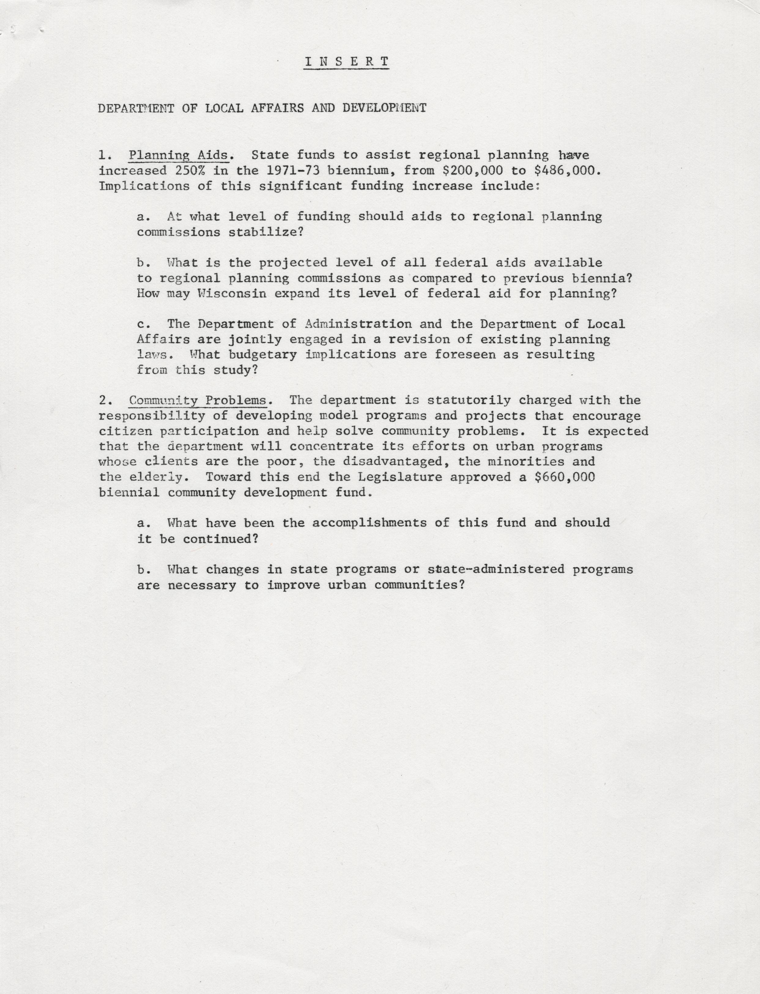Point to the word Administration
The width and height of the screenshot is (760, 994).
point(358,324)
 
